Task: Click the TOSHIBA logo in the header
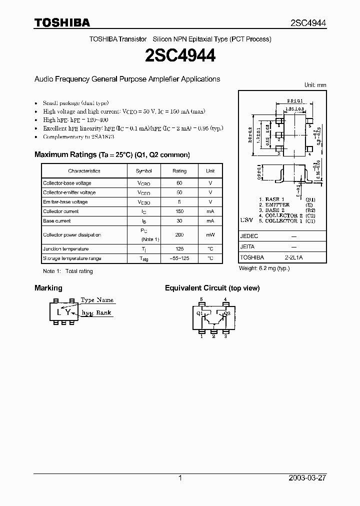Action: pyautogui.click(x=62, y=22)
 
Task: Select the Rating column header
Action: pyautogui.click(x=179, y=171)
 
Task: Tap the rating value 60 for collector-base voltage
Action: pyautogui.click(x=179, y=183)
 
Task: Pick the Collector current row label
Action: pyautogui.click(x=60, y=211)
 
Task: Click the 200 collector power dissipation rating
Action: pyautogui.click(x=179, y=234)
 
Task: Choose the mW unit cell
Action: pyautogui.click(x=210, y=234)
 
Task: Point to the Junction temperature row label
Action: pyautogui.click(x=65, y=249)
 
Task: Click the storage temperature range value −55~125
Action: pyautogui.click(x=179, y=258)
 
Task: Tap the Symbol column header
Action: pyautogui.click(x=143, y=171)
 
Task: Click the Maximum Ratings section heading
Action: pyautogui.click(x=112, y=155)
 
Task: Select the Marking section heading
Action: pyautogui.click(x=48, y=288)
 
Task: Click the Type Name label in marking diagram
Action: pyautogui.click(x=97, y=300)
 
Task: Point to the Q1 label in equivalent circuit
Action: pyautogui.click(x=199, y=314)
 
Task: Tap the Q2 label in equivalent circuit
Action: pyautogui.click(x=226, y=314)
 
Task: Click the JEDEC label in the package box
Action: pyautogui.click(x=248, y=235)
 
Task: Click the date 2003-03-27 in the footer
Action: pyautogui.click(x=306, y=478)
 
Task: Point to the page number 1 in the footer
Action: pyautogui.click(x=180, y=478)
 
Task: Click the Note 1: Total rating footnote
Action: pyautogui.click(x=68, y=271)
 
